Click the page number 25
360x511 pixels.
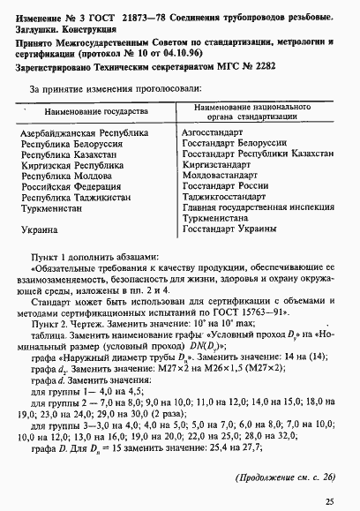(328, 501)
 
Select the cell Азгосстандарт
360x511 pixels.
(213, 132)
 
